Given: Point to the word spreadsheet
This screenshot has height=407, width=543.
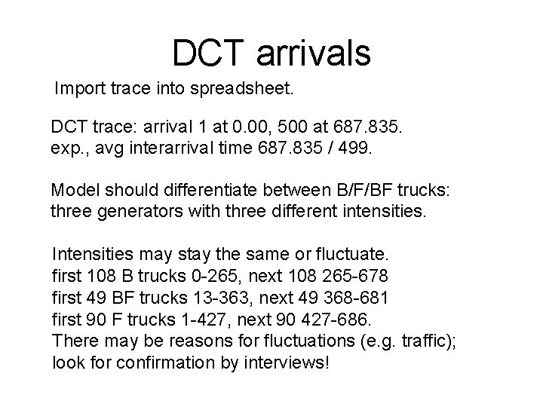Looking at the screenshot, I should tap(264, 91).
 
